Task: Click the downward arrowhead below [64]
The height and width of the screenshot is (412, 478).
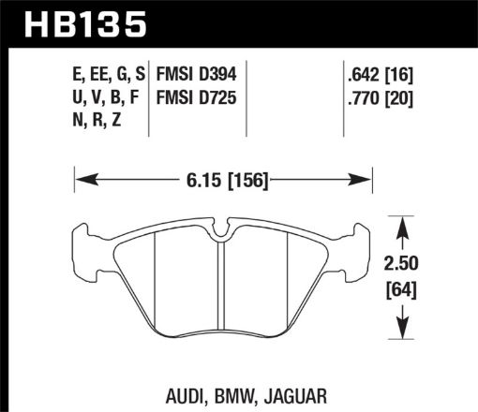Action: click(402, 332)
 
